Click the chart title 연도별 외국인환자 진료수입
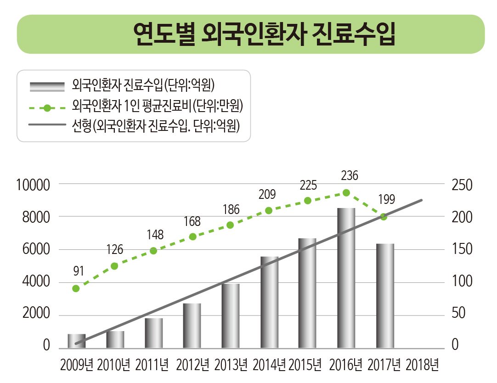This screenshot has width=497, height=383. point(264,34)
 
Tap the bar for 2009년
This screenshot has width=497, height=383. point(77,341)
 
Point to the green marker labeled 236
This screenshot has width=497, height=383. point(346,193)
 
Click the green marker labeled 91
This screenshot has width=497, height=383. point(76,288)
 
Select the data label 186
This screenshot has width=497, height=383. point(231,210)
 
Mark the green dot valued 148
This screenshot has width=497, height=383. point(153,251)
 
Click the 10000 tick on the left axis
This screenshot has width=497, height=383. point(33,185)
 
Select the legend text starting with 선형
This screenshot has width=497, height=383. point(156,126)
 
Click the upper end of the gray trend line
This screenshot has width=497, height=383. point(421,200)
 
